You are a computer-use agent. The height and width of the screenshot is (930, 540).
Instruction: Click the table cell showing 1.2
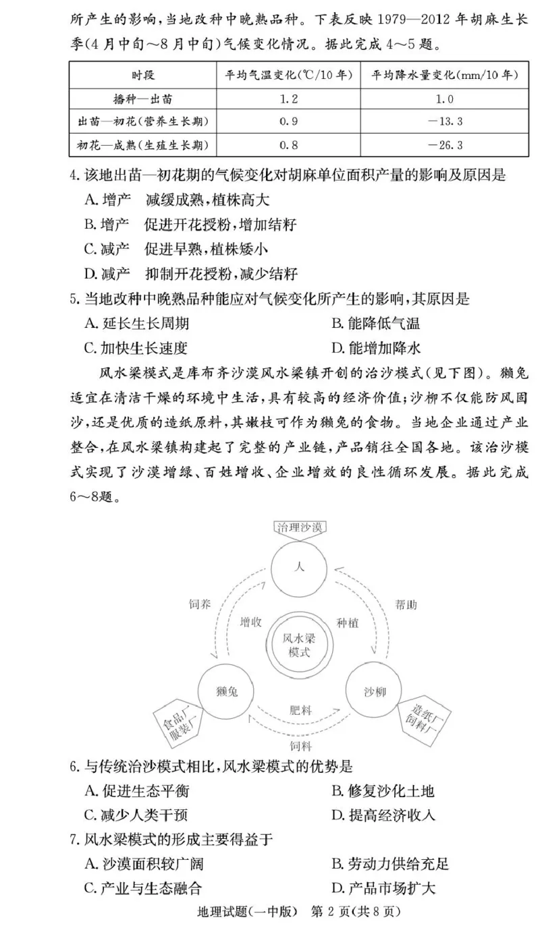(x=288, y=99)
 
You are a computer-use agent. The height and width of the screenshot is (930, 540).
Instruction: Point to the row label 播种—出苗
(x=142, y=99)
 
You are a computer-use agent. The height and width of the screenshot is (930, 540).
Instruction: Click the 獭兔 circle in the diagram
(x=225, y=692)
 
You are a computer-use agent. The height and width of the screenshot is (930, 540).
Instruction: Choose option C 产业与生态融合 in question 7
(x=143, y=888)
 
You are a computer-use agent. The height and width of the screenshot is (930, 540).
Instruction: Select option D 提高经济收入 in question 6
(x=383, y=815)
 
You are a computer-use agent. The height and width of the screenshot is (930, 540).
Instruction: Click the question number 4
(x=74, y=175)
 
